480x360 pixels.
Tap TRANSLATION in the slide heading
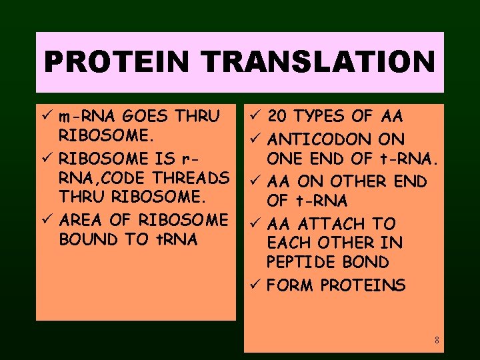[319, 62]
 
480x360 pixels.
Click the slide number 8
[437, 341]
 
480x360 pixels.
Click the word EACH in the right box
[287, 243]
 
